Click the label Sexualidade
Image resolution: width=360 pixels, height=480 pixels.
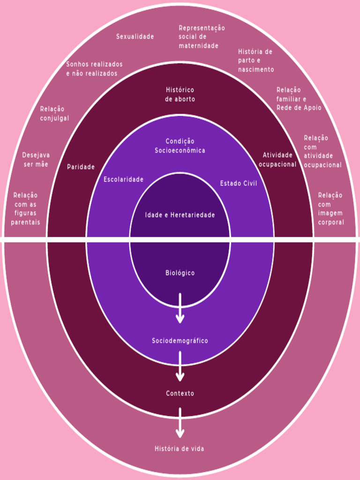pos(135,37)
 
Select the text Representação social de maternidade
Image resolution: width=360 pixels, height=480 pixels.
pos(201,37)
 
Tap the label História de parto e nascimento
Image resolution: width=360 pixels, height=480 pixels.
pos(255,60)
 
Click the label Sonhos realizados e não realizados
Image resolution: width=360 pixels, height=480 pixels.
pos(94,69)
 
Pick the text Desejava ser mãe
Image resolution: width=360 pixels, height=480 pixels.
pos(36,160)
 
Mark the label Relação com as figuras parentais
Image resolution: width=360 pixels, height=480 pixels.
pos(26,209)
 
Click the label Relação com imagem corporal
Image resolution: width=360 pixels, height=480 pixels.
pos(330,209)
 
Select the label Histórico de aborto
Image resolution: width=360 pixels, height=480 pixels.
pos(180,95)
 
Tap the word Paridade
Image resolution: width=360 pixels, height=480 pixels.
pos(81,167)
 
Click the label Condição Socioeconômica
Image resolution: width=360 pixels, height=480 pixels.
pos(180,146)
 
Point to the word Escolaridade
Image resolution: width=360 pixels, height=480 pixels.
pos(123,180)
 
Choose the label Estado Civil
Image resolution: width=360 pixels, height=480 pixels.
pos(239,184)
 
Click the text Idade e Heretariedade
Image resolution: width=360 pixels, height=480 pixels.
pos(180,215)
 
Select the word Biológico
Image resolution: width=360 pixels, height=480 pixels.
pos(180,273)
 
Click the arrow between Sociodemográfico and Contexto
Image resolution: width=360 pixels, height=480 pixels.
pos(180,366)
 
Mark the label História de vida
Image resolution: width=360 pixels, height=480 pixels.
pos(180,449)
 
